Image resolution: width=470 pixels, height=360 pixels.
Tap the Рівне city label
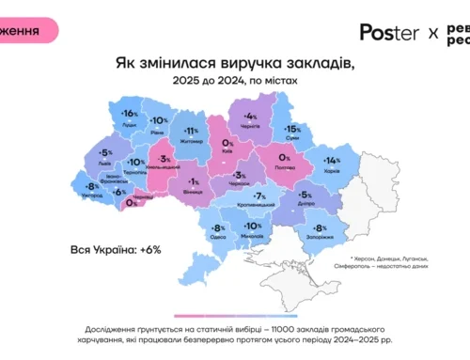(x=160, y=131)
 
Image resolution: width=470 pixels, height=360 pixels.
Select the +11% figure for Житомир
(x=192, y=131)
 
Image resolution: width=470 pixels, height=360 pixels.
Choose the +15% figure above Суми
(x=292, y=129)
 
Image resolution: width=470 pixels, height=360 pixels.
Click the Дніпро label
(x=303, y=204)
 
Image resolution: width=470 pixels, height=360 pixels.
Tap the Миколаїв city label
(x=253, y=236)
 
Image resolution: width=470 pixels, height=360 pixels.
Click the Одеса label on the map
(x=217, y=238)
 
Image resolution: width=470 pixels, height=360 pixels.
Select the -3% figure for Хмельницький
(x=165, y=162)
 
